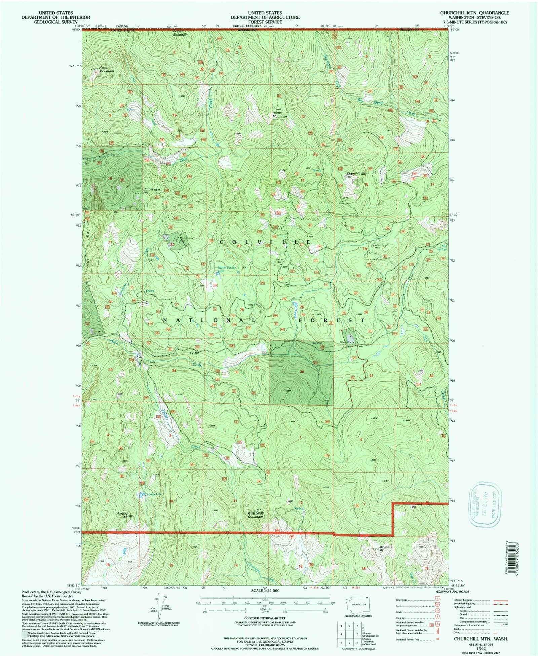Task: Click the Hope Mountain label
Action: tap(106, 69)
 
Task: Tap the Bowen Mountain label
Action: tap(180, 33)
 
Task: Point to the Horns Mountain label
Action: tap(279, 115)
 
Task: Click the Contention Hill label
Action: tap(151, 191)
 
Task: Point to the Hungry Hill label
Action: tap(122, 515)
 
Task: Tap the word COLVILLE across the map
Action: tap(266, 242)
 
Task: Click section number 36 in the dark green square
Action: tap(302, 372)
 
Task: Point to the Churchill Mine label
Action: tap(347, 342)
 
